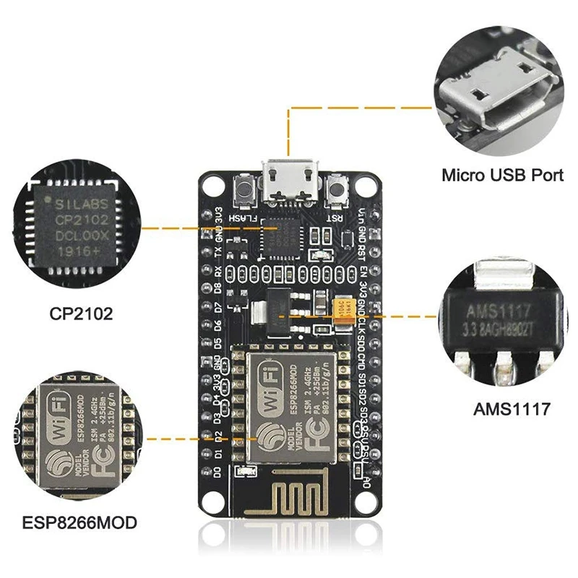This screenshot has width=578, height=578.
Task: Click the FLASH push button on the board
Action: [x=243, y=191]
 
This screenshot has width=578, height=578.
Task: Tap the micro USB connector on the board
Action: [x=289, y=183]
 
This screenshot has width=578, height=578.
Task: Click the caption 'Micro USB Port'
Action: [x=503, y=175]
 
